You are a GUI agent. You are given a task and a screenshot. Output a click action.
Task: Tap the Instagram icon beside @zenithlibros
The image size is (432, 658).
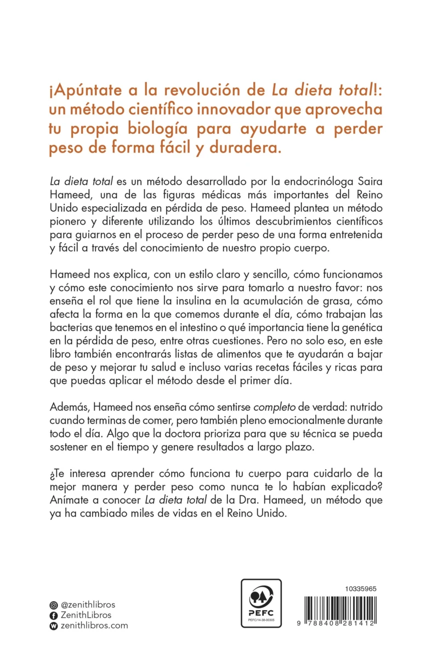(53, 605)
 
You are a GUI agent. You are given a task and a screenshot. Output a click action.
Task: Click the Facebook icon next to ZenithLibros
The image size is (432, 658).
(53, 615)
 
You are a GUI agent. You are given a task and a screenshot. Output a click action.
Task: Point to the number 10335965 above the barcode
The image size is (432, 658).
(360, 588)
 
